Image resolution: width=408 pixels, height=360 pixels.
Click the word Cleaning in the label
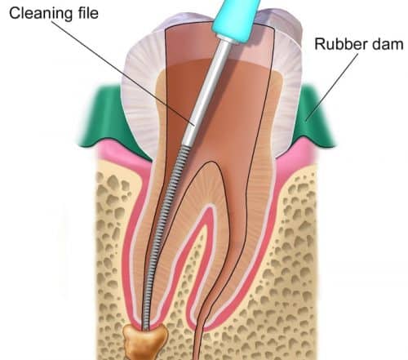[41, 13]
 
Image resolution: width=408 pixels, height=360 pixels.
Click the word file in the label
[87, 12]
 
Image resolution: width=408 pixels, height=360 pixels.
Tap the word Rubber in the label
[341, 44]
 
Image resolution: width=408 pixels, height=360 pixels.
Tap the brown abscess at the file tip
[145, 341]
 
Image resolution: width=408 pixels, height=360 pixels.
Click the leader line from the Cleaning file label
[122, 73]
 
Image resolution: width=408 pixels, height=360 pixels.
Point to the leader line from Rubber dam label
[332, 87]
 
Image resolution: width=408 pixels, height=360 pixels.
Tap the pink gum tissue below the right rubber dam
[300, 157]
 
